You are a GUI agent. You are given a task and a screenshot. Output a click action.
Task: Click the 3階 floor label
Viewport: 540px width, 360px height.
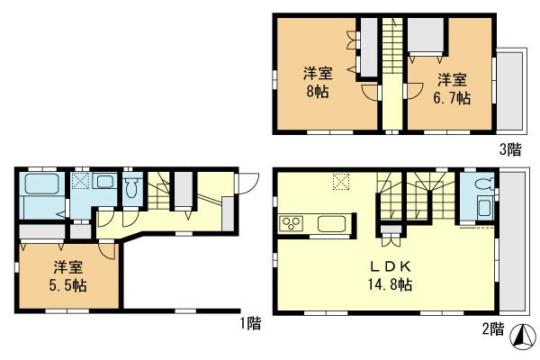pos(510,149)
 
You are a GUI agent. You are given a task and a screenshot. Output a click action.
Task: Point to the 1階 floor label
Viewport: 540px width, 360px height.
pos(250,320)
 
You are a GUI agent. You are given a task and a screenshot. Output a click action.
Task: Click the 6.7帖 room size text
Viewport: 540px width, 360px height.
pos(453,98)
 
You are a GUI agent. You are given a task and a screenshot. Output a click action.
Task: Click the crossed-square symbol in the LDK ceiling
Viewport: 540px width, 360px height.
pos(341,181)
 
